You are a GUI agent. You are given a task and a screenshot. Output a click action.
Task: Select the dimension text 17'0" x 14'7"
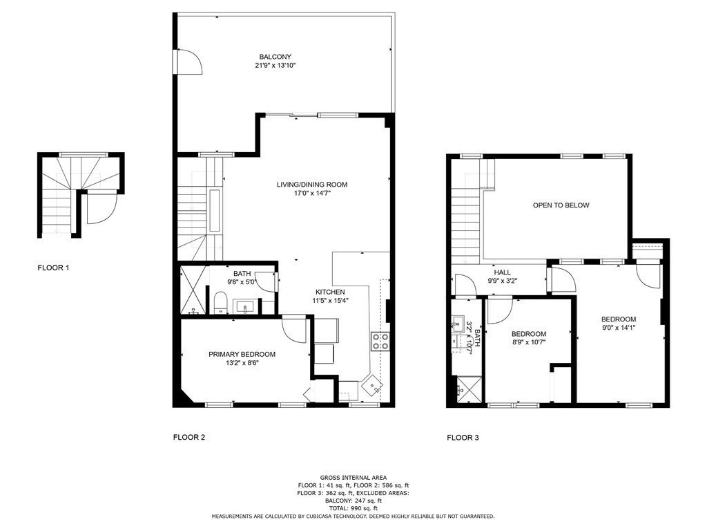tap(311, 194)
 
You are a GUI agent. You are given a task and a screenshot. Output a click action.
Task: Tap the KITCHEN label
tap(330, 292)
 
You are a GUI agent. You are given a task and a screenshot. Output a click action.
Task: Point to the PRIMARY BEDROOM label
tap(242, 354)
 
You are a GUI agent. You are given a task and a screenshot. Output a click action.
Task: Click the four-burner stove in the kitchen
tap(380, 340)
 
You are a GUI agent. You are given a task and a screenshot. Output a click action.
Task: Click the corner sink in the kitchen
tap(373, 384)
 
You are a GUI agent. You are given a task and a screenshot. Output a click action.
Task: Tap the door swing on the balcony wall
tap(189, 62)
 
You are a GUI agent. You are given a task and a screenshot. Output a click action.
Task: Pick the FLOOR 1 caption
tap(53, 267)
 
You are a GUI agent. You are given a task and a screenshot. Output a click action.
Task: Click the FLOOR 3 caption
tap(463, 438)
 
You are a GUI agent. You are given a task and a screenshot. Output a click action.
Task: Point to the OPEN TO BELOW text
tap(561, 205)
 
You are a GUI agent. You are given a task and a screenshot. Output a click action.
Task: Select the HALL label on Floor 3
tap(502, 272)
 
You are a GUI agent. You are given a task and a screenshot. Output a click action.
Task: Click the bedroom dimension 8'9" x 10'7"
tap(528, 342)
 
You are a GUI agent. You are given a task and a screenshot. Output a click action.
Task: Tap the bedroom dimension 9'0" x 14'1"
tap(618, 328)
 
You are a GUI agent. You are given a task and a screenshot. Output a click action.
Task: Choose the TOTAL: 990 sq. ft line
tap(353, 508)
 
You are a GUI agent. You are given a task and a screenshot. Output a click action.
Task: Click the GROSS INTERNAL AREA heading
tap(353, 477)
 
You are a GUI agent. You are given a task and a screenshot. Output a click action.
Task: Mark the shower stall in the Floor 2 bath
tap(193, 290)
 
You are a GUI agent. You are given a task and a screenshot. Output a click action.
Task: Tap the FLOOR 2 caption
tap(188, 437)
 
